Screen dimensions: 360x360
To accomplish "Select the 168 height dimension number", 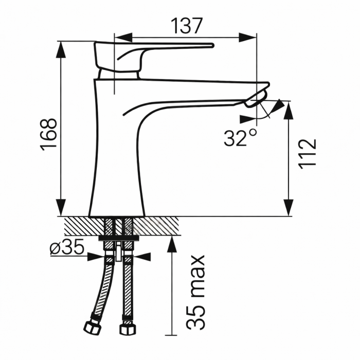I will [x=49, y=135].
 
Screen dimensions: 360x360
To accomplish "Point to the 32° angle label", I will [x=240, y=138].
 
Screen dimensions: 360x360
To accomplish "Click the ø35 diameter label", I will [x=67, y=248].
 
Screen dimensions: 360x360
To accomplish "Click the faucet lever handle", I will [x=154, y=51].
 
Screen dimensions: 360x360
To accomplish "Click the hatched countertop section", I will [x=154, y=225].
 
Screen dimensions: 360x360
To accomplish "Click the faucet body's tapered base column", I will [x=116, y=170].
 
